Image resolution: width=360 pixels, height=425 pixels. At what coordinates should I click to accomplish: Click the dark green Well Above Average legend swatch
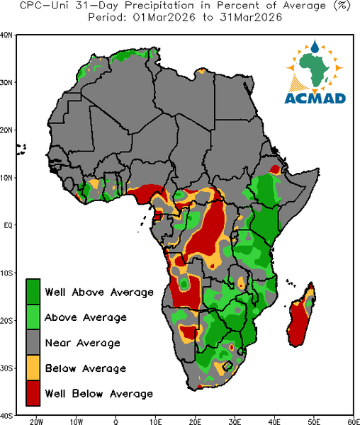coord(33,292)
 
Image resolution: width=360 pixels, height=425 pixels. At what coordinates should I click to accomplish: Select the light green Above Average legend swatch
coord(33,317)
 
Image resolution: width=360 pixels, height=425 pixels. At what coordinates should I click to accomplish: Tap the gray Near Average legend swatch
coord(33,342)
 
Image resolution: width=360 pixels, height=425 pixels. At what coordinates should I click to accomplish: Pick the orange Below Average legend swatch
coord(33,368)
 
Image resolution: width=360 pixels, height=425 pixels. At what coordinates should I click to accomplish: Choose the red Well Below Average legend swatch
coord(33,393)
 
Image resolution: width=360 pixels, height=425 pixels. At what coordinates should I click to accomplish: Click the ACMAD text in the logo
coord(315,98)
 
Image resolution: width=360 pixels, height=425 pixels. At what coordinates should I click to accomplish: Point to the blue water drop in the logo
coord(315,46)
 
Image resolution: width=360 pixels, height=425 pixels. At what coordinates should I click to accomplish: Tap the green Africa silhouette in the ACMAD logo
coord(314,69)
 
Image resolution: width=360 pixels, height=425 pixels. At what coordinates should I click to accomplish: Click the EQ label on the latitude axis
coord(8,225)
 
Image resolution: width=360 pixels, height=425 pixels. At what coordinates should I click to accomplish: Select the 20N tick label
coord(6,130)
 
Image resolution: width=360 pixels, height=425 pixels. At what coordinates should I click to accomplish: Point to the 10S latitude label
coord(6,273)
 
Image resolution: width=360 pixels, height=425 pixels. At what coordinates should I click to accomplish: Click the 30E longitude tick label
coord(235,421)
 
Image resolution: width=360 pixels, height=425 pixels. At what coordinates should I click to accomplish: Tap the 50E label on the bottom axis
coord(314,421)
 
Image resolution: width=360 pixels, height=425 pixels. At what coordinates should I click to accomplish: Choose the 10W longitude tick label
coord(76,421)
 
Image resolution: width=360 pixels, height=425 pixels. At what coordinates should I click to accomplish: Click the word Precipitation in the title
coord(159,6)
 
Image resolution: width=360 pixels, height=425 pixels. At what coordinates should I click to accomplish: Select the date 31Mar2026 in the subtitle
coord(251,18)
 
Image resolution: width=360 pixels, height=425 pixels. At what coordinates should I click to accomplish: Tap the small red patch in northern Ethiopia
coord(275,170)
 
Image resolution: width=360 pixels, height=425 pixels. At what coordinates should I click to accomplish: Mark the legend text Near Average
coord(83,343)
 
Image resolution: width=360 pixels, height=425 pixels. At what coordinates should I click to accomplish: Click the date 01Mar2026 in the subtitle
coord(164,18)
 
